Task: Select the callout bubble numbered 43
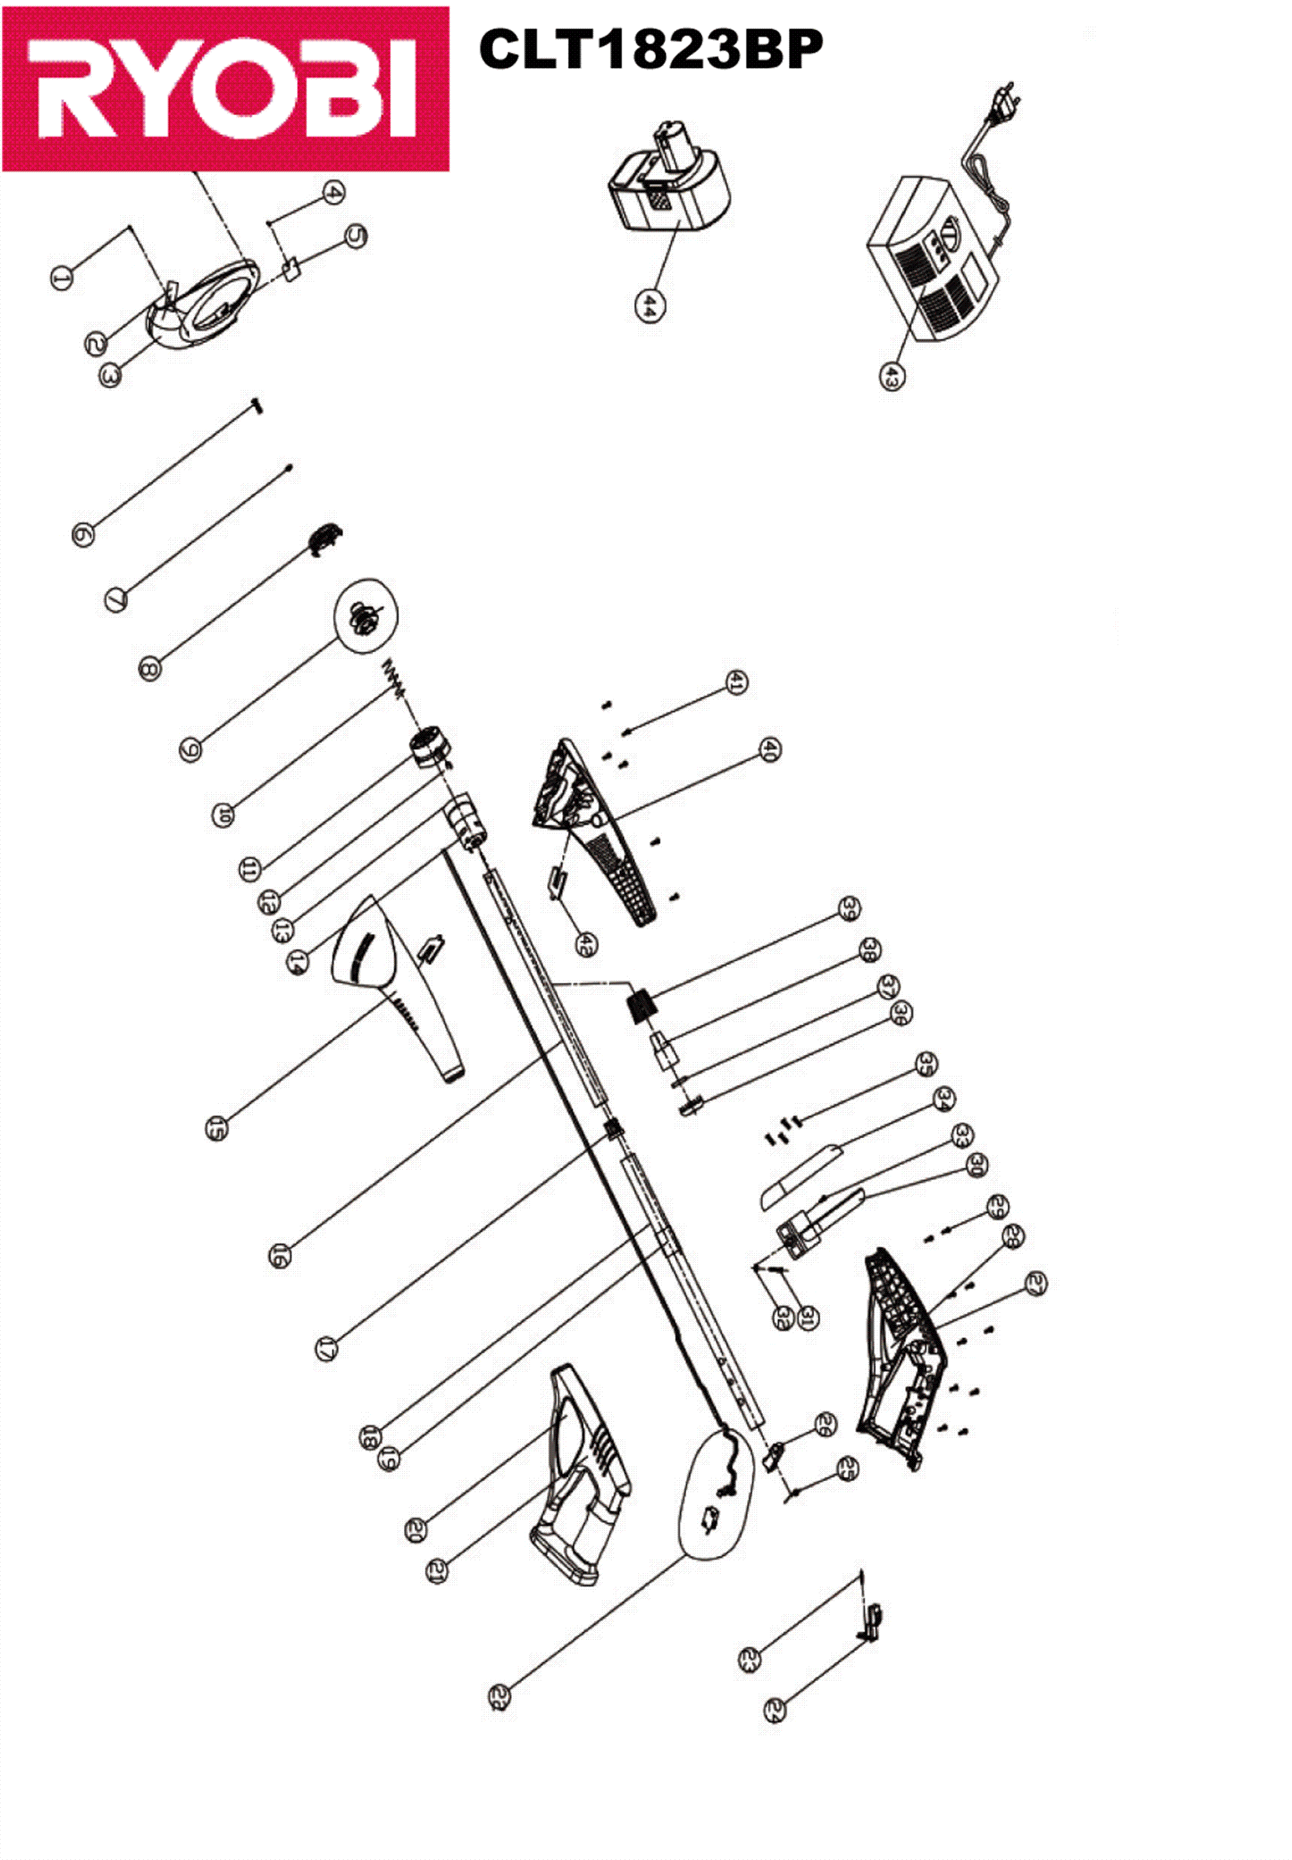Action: pos(892,376)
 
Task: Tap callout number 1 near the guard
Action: pos(61,278)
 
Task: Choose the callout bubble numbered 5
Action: pos(356,236)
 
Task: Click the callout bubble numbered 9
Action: pos(191,749)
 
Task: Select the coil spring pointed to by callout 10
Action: pos(394,675)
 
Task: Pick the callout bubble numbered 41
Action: pos(736,682)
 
